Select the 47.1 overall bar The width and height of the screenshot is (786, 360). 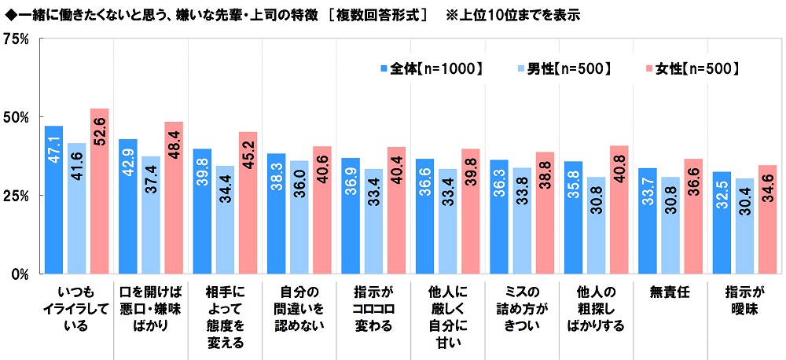53,200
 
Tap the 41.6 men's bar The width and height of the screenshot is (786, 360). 76,208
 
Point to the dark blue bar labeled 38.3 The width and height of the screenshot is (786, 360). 276,213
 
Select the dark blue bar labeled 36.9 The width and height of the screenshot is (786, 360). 350,215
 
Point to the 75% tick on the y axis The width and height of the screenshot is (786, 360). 17,39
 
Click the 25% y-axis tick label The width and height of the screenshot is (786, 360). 17,195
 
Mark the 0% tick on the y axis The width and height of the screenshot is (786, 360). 20,274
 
